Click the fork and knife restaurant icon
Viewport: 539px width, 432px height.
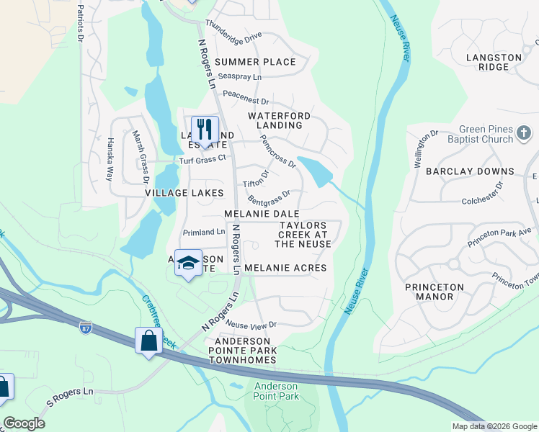205,130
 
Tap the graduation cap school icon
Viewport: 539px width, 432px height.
188,264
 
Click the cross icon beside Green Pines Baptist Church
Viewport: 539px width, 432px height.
524,134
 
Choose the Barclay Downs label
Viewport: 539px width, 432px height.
470,171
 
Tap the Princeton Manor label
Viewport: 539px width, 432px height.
434,292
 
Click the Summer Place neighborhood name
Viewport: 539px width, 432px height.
255,62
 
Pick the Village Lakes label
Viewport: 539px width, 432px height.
184,193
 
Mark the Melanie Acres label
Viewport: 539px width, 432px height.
285,268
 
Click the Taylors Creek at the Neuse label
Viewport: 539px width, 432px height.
303,235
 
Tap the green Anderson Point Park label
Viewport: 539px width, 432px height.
276,391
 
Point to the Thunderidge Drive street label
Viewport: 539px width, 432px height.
233,30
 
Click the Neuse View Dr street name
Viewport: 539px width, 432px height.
251,325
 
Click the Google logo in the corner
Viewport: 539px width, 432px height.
24,423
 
